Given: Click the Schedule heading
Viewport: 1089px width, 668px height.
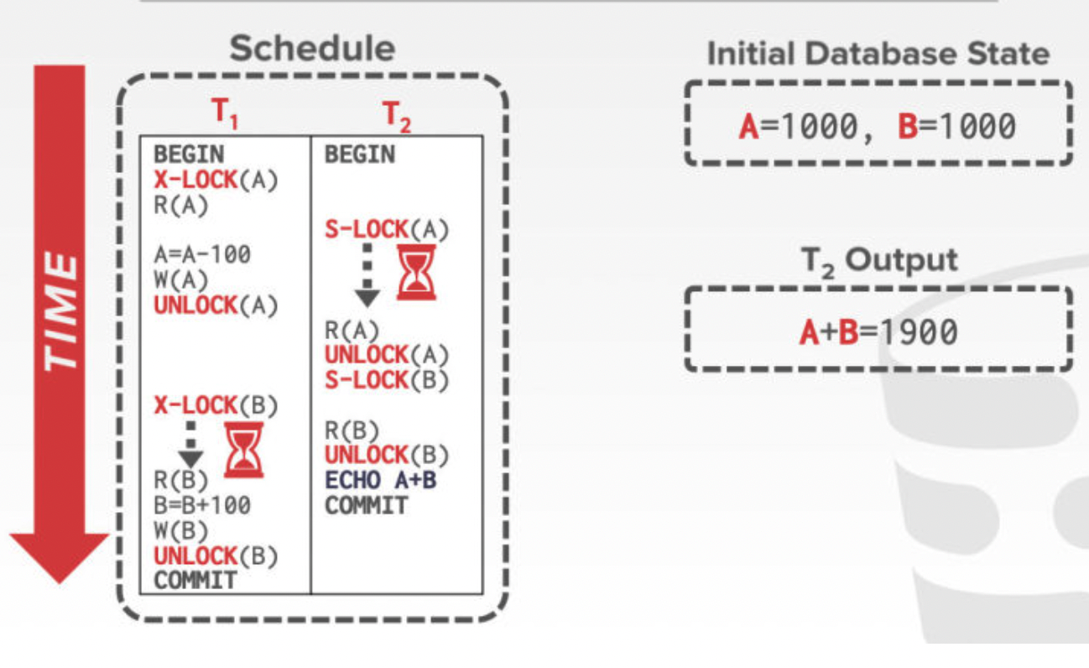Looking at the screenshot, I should [x=312, y=49].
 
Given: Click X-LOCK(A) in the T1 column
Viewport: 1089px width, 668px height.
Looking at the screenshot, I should [x=216, y=181].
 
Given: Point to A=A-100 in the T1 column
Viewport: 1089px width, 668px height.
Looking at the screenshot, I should [x=201, y=254].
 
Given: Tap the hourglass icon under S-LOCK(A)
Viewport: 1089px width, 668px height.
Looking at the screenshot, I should [x=417, y=272].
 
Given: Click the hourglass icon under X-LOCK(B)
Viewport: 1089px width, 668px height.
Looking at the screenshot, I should [x=244, y=450].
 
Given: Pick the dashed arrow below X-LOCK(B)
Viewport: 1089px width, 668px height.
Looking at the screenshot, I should [x=191, y=446].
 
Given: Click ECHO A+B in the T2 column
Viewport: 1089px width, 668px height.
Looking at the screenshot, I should [x=382, y=481].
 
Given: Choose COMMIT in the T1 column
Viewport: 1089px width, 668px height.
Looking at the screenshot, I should [x=195, y=580].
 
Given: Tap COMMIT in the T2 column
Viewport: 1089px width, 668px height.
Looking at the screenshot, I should [x=366, y=506].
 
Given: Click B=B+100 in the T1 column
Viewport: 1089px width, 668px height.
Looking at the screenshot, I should [x=201, y=505].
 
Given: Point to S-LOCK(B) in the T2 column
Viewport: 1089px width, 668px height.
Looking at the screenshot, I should [x=387, y=379].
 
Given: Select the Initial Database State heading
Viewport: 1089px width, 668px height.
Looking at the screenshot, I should [x=878, y=55].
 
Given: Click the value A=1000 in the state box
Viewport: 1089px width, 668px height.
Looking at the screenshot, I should [x=798, y=127].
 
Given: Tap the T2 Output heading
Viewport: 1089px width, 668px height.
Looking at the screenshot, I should [x=878, y=261].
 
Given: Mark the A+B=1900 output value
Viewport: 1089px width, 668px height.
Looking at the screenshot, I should [x=878, y=332].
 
